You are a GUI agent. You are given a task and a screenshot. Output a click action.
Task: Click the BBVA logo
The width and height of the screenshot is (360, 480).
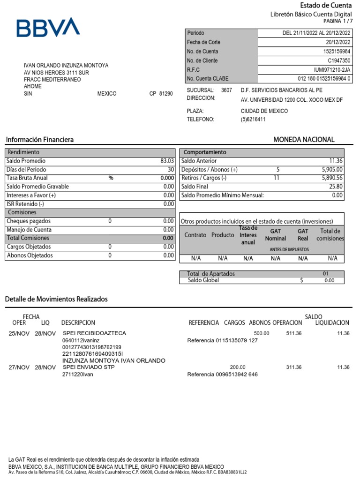[48, 28]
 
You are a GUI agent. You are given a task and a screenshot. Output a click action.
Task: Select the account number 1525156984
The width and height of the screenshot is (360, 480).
[337, 52]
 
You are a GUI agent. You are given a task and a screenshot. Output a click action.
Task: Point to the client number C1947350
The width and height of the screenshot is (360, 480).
[338, 60]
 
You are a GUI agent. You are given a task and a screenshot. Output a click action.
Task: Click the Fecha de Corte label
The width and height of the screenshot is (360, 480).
[204, 42]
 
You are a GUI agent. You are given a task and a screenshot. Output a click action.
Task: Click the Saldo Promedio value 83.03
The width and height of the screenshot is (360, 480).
[167, 161]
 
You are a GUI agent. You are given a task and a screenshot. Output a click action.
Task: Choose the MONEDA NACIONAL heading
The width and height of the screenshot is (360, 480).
[304, 140]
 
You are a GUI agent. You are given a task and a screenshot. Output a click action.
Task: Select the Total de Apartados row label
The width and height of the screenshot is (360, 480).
[211, 274]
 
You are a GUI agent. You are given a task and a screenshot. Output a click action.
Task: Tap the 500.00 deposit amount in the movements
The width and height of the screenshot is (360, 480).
[262, 333]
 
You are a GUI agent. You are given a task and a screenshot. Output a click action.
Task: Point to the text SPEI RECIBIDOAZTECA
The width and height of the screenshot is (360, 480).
[94, 333]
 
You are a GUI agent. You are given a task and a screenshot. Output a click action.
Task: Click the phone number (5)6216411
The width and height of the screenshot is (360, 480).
[253, 120]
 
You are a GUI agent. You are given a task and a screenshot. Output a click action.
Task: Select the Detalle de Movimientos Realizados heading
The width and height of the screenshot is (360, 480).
[56, 299]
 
